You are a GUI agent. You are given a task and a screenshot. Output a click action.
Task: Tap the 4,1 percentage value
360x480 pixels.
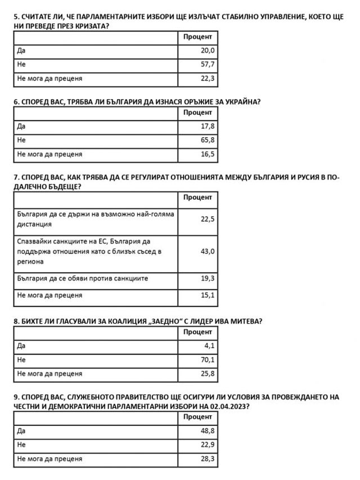[x=209, y=346]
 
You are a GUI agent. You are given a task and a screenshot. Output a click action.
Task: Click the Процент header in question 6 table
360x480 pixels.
[x=197, y=113]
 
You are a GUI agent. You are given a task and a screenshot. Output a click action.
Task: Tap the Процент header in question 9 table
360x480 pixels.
[x=197, y=417]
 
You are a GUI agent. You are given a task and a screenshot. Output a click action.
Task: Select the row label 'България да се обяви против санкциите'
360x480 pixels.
[x=83, y=279]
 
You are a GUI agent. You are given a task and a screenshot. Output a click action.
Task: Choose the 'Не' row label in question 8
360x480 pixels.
[x=21, y=360]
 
